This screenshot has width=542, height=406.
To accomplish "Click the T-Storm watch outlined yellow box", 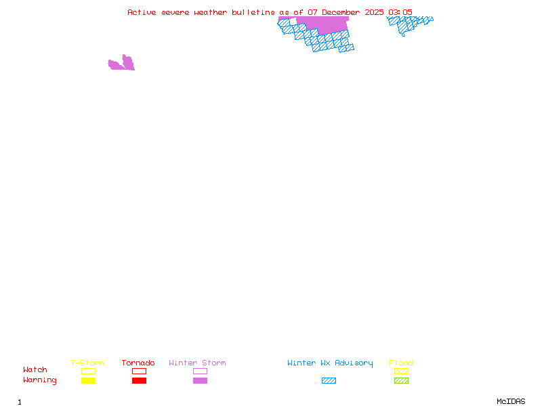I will pos(88,371).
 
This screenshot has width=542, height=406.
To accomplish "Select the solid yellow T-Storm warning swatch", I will pos(88,381).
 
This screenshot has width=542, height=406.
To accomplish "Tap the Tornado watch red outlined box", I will pos(139,371).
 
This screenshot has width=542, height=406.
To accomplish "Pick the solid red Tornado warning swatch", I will pos(139,381).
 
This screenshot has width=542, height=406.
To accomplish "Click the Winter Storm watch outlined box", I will pos(200,371).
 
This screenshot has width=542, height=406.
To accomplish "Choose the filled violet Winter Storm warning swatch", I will pos(200,381).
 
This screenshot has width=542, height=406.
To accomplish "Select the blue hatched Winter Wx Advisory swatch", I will pos(329,381).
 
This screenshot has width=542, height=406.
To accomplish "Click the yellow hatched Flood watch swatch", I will pos(401,371).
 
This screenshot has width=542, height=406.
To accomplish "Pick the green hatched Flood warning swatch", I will pos(401,381).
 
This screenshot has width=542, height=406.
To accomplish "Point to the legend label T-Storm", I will pos(87,363).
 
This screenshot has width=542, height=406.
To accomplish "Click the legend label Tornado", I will pos(138,363).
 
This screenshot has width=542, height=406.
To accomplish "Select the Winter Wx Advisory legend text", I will pos(330,363).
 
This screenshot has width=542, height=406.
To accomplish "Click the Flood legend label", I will pos(401,363).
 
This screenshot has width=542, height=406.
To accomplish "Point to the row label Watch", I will pos(35,370).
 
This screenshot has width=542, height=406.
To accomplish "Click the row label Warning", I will pos(40,380).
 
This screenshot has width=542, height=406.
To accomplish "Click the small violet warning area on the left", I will pos(123,64).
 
